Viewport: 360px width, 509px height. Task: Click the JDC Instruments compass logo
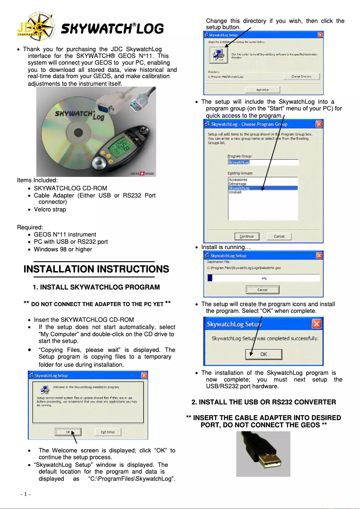pyautogui.click(x=35, y=27)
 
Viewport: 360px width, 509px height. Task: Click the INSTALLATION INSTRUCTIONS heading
pyautogui.click(x=96, y=269)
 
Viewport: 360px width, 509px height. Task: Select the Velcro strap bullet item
pyautogui.click(x=50, y=210)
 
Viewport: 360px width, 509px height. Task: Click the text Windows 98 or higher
pyautogui.click(x=63, y=250)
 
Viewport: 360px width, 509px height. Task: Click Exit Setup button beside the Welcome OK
pyautogui.click(x=108, y=432)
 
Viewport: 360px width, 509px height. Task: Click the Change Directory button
pyautogui.click(x=301, y=77)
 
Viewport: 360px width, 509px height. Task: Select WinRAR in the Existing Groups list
pyautogui.click(x=235, y=192)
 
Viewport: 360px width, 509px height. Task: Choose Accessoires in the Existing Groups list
pyautogui.click(x=238, y=180)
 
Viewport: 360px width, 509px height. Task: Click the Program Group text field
pyautogui.click(x=263, y=162)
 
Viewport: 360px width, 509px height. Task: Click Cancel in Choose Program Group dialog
pyautogui.click(x=279, y=237)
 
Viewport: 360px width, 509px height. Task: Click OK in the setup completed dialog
pyautogui.click(x=263, y=354)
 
